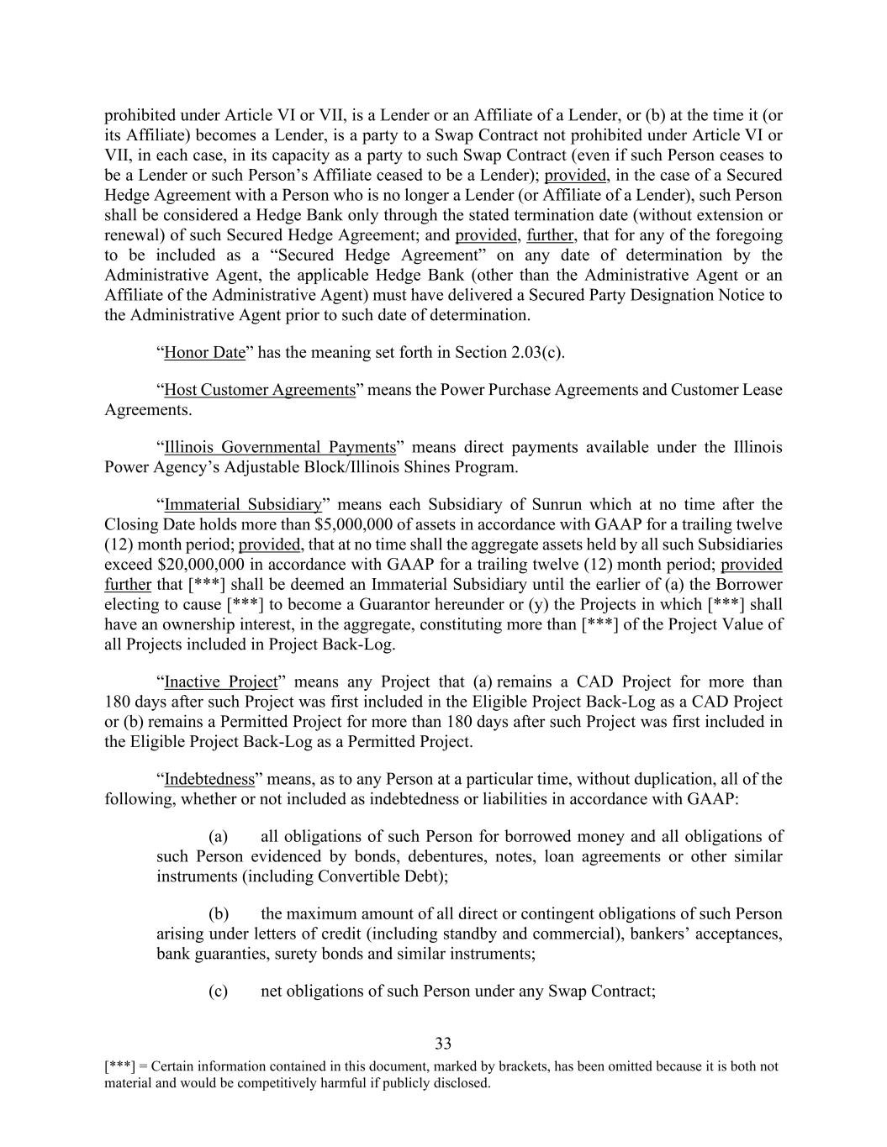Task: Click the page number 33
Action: pos(443,1044)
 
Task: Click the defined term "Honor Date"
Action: pos(204,352)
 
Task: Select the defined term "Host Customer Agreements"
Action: pos(260,390)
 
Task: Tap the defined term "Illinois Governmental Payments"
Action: pos(279,447)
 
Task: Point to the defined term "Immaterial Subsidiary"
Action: pos(243,504)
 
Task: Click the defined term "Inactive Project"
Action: pos(220,681)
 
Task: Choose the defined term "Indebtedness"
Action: pos(209,779)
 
